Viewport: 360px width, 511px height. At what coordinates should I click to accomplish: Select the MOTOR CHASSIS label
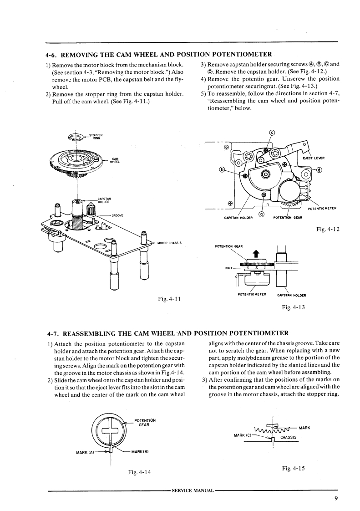coord(169,243)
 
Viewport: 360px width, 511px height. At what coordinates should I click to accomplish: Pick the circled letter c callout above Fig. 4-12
coord(272,133)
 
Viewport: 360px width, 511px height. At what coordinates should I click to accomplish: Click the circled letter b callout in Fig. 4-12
coord(223,170)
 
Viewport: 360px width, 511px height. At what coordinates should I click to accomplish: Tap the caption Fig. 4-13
coord(294,307)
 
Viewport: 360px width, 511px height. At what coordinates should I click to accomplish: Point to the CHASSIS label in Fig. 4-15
coord(289,437)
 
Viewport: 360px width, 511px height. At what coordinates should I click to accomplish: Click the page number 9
coord(335,498)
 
